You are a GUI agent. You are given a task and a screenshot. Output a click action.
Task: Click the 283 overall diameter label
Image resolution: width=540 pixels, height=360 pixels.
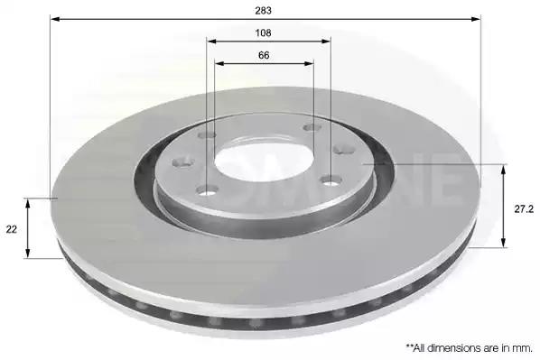(263, 11)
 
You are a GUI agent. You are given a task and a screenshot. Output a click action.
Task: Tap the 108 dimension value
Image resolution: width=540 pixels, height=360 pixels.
(263, 33)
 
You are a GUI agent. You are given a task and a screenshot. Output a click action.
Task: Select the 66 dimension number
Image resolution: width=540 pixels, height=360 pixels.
(264, 55)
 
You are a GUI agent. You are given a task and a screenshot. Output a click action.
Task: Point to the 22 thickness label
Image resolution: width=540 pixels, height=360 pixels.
(12, 229)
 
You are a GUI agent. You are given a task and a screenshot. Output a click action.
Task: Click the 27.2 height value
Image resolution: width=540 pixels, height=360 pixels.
(524, 209)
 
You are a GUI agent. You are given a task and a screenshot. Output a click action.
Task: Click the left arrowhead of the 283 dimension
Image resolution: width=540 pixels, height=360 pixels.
(55, 19)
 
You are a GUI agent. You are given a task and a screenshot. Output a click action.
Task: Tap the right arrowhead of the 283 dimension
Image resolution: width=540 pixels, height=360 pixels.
(476, 19)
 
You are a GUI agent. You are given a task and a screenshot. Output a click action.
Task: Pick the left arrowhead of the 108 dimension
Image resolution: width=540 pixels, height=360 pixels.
(211, 42)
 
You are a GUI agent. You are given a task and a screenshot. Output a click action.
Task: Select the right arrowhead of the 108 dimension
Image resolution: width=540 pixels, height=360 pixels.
(325, 42)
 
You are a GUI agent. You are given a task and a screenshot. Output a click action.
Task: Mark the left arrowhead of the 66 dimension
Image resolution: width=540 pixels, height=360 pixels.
(219, 63)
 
